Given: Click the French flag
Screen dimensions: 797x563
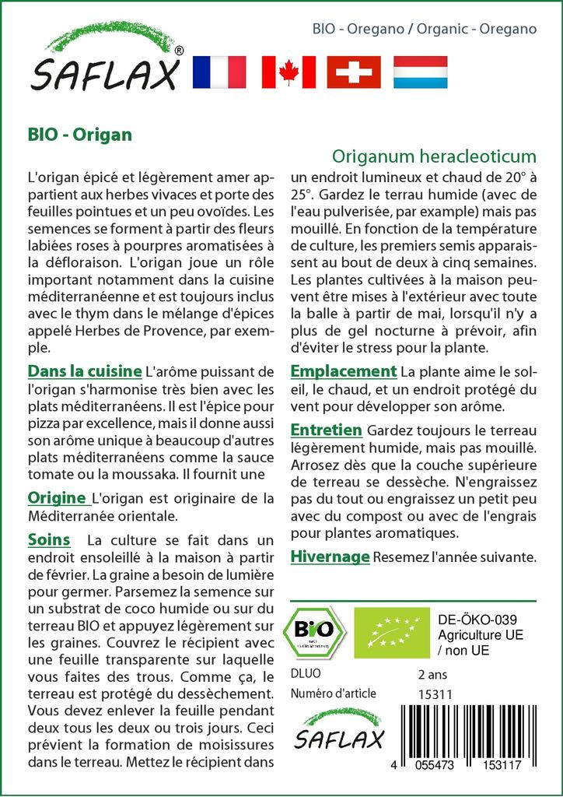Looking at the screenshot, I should click(x=218, y=72).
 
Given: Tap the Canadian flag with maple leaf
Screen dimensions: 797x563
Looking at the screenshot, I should click(x=288, y=72).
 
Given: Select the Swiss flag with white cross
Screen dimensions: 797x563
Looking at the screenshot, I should click(x=354, y=72).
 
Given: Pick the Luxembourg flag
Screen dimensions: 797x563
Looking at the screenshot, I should click(x=421, y=72).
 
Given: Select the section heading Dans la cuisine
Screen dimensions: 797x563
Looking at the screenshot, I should click(x=84, y=370).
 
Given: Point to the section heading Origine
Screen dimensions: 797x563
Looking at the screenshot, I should click(x=56, y=497).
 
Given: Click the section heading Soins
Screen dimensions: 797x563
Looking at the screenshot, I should click(x=48, y=539).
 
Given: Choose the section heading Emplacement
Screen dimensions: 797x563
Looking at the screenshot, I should click(x=343, y=371).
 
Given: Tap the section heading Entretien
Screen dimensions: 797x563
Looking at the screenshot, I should click(x=326, y=430).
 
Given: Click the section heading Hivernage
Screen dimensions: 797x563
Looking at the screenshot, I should click(x=329, y=556).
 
